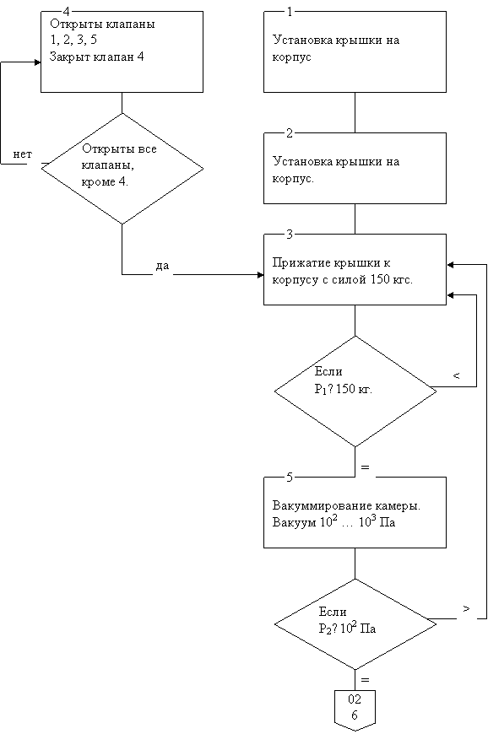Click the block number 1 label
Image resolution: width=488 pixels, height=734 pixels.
click(x=290, y=12)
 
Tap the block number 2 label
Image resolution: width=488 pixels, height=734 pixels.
click(x=290, y=133)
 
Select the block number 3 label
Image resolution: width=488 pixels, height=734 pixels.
click(x=290, y=235)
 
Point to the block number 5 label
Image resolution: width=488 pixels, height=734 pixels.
click(x=290, y=478)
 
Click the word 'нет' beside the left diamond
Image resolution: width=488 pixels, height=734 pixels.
click(x=23, y=154)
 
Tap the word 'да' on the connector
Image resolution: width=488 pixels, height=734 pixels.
click(x=162, y=266)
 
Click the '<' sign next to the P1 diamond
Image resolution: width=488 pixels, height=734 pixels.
click(x=457, y=375)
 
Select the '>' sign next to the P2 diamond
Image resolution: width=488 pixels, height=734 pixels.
click(x=466, y=608)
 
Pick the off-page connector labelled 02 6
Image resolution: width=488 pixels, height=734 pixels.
click(x=355, y=710)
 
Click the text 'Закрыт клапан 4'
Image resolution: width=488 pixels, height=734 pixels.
click(x=96, y=57)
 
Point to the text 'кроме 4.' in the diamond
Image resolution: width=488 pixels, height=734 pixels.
click(x=105, y=182)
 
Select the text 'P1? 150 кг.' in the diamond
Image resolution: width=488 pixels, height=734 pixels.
click(x=344, y=389)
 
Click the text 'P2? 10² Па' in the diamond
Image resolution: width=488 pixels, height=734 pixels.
click(x=347, y=628)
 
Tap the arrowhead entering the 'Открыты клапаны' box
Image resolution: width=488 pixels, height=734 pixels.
click(x=38, y=62)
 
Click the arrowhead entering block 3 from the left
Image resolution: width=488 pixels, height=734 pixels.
click(x=260, y=275)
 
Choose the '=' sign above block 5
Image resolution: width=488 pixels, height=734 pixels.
click(x=366, y=467)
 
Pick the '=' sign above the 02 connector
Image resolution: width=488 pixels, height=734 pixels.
click(x=366, y=680)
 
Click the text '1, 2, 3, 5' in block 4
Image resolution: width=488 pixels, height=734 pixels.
click(x=73, y=40)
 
